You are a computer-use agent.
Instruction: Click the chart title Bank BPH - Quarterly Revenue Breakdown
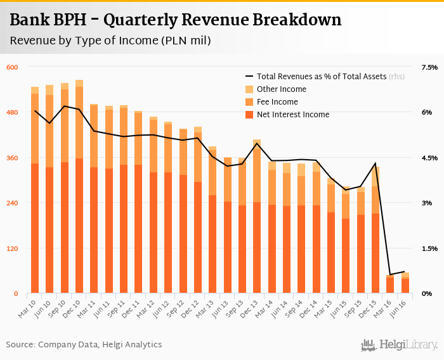(175, 20)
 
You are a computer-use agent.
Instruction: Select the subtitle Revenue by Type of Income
(110, 41)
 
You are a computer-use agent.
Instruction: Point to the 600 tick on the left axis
(13, 67)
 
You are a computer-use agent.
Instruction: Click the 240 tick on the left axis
(13, 203)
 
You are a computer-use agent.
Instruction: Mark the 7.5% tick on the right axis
(429, 67)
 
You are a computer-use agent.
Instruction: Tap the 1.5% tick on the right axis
(429, 248)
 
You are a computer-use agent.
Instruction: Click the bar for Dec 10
(79, 190)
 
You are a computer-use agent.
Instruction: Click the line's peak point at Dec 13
(257, 143)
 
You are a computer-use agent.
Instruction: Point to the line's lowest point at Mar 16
(390, 275)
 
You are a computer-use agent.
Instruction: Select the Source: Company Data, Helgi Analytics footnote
(84, 345)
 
